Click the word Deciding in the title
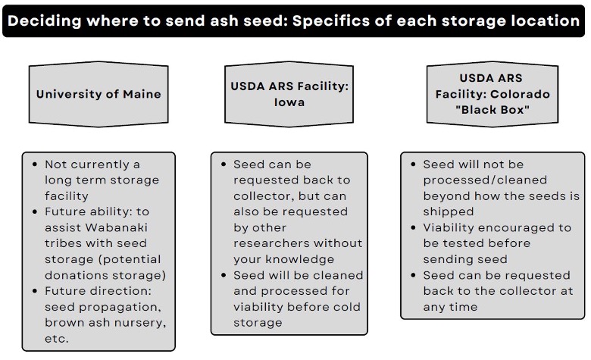click(x=45, y=20)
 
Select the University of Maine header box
click(x=99, y=95)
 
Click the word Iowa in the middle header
click(x=289, y=102)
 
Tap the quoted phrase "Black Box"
click(x=492, y=110)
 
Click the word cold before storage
click(x=346, y=307)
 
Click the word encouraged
click(x=516, y=227)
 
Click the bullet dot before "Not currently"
click(x=35, y=164)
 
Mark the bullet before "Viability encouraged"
click(x=414, y=228)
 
